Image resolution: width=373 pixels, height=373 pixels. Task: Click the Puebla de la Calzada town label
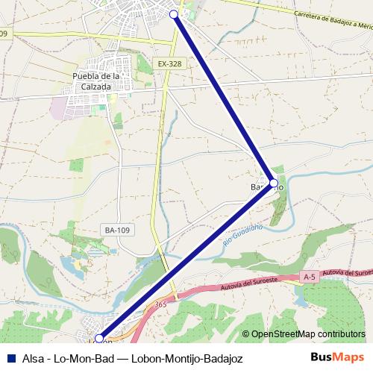coord(97,81)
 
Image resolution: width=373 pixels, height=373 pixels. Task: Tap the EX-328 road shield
coord(170,64)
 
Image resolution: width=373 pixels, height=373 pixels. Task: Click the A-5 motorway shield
coord(310,277)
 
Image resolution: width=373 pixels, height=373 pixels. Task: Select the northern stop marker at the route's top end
coord(174,14)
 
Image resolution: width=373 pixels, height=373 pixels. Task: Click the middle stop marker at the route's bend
coord(273,183)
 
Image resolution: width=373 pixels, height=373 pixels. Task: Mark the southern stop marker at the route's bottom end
coord(99,339)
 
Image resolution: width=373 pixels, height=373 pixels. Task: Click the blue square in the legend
coord(10,357)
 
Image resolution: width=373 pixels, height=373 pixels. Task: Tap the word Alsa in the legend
coord(32,357)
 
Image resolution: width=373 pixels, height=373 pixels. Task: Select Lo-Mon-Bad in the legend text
coord(81,357)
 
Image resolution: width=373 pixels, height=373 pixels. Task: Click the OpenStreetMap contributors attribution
coord(308,335)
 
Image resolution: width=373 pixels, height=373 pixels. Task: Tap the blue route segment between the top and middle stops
coord(224,98)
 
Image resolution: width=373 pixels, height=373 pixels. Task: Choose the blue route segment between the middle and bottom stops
coord(186,260)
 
